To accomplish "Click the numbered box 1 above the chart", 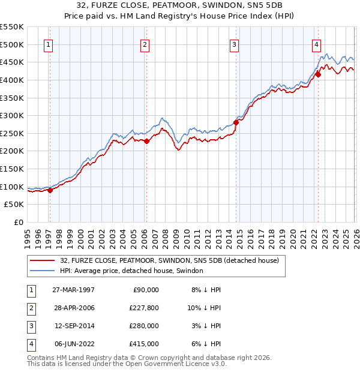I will pyautogui.click(x=47, y=44).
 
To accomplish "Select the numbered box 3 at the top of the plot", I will pyautogui.click(x=234, y=44).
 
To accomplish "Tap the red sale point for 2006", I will pyautogui.click(x=147, y=141).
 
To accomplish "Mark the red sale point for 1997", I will pyautogui.click(x=50, y=190).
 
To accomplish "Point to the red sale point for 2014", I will pyautogui.click(x=236, y=122).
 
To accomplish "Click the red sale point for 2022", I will pyautogui.click(x=318, y=74).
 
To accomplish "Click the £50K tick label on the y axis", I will pyautogui.click(x=14, y=205).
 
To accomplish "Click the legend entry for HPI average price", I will pyautogui.click(x=131, y=271).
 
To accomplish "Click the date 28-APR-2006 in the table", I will pyautogui.click(x=73, y=307).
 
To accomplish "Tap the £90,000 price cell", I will pyautogui.click(x=145, y=289).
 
